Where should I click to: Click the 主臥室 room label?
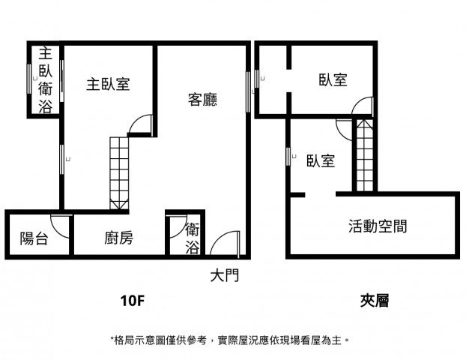click(x=108, y=84)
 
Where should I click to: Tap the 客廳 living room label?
click(x=202, y=99)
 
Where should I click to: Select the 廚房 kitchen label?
click(x=118, y=238)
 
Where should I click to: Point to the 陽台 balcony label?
click(x=34, y=238)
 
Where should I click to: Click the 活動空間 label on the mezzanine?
click(x=378, y=226)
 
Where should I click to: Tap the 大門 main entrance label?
click(x=225, y=275)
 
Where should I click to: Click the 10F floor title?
click(x=133, y=301)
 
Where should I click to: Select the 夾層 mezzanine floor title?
click(x=375, y=301)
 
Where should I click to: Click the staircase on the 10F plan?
click(x=119, y=172)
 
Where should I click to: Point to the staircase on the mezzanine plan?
click(x=364, y=155)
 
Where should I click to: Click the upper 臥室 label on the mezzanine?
click(x=333, y=79)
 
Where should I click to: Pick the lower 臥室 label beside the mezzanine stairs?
click(x=321, y=160)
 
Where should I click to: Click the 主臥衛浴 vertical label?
click(x=46, y=79)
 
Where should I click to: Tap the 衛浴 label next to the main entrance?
click(x=193, y=239)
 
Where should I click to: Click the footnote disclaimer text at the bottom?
click(x=229, y=340)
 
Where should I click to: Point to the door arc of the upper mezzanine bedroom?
click(x=358, y=103)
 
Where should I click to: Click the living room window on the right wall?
click(x=247, y=92)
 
